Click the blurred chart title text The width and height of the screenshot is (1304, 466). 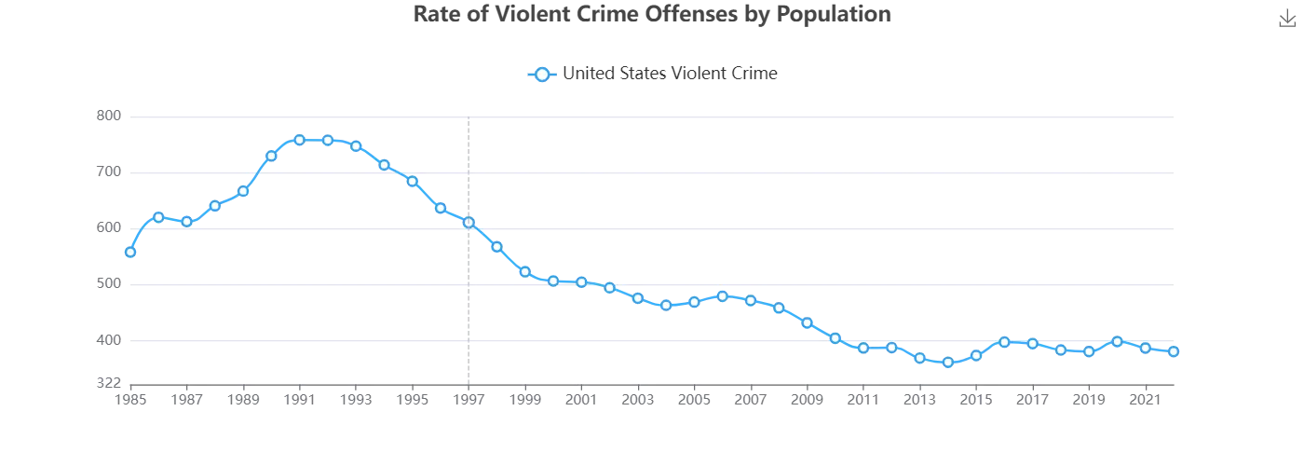point(652,14)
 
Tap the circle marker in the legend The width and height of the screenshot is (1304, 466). point(541,74)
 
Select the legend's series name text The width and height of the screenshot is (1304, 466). point(669,74)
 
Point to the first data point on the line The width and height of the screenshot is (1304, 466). point(129,253)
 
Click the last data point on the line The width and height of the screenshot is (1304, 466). point(1175,351)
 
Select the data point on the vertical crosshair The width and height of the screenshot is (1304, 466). point(469,222)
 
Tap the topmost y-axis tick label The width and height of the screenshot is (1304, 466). point(110,116)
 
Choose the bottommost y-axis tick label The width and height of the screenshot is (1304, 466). point(110,379)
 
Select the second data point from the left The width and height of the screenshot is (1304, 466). point(157,217)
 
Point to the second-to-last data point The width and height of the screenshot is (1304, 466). point(1146,348)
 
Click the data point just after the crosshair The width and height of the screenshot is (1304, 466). point(497,247)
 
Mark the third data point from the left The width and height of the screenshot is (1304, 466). point(186,222)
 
